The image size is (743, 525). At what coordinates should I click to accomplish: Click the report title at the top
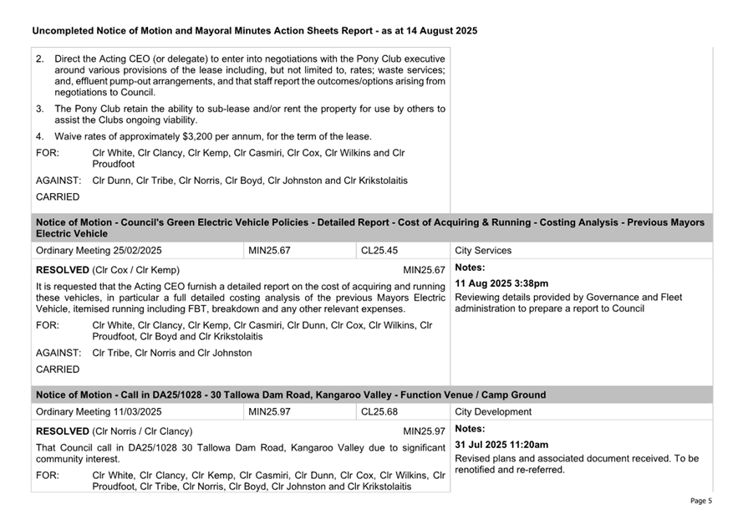click(x=254, y=31)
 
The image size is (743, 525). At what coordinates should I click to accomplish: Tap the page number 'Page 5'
click(x=700, y=501)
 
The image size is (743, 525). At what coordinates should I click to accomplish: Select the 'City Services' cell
click(x=483, y=250)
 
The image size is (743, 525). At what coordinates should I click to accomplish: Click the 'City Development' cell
click(x=493, y=412)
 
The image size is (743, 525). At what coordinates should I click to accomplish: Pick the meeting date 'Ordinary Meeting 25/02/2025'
click(x=99, y=250)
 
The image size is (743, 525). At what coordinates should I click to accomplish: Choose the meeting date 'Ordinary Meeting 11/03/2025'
click(x=99, y=412)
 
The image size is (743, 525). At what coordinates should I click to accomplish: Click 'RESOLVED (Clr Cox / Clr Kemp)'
click(x=108, y=270)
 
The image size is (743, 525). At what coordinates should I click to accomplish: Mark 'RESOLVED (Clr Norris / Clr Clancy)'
click(x=115, y=431)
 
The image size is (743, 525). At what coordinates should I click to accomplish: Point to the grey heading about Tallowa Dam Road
click(x=291, y=395)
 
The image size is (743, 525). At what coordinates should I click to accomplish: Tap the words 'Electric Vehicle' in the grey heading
click(x=72, y=234)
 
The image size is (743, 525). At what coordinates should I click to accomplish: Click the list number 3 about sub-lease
click(x=40, y=109)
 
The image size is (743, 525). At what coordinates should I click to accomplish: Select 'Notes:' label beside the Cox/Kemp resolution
click(x=471, y=268)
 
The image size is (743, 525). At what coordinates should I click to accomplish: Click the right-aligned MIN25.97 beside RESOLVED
click(x=424, y=431)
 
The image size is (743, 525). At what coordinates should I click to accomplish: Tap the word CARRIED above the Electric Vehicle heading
click(x=59, y=197)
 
